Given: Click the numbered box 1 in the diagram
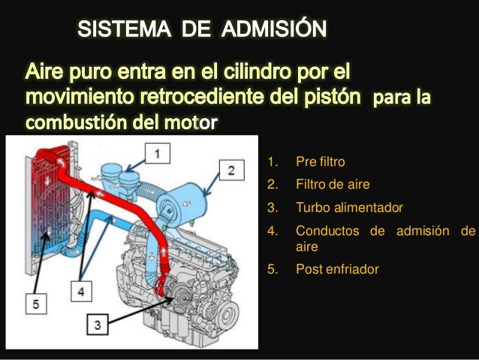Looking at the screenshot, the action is click(x=157, y=153).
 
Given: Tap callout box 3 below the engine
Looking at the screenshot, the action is click(x=99, y=325).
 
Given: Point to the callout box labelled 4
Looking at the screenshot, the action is click(x=81, y=289).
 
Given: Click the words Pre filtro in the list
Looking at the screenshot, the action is click(x=321, y=161).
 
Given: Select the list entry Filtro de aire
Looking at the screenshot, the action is click(x=333, y=183).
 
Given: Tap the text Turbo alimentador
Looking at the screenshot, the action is click(x=339, y=207).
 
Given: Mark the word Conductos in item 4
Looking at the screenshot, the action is click(x=327, y=231).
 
